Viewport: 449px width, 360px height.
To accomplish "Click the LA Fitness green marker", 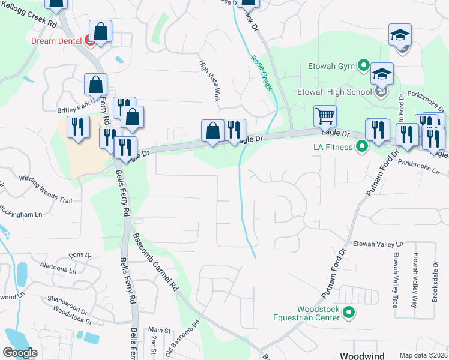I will (361, 146).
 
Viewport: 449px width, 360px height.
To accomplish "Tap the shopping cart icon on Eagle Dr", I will (325, 116).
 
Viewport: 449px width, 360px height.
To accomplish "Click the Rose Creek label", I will (262, 73).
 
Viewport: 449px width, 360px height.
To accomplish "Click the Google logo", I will (20, 353).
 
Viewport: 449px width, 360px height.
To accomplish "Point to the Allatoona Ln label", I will (58, 269).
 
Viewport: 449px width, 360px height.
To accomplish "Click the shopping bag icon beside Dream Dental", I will (101, 32).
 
